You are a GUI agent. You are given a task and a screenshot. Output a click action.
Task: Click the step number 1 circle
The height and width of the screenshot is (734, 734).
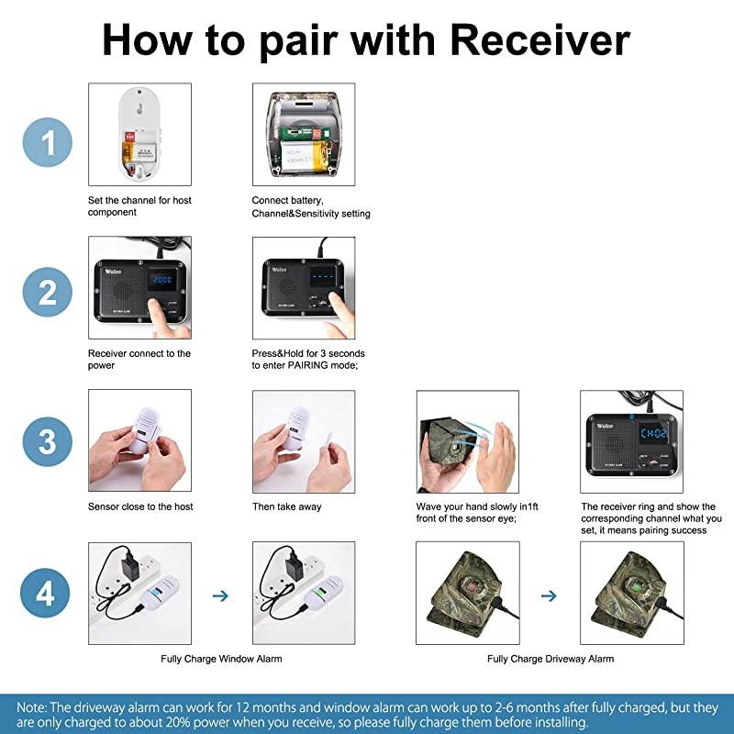[48, 142]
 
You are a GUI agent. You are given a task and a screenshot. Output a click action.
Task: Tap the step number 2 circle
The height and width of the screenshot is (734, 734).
[48, 292]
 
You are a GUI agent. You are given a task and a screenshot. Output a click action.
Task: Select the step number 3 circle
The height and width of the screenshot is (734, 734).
[48, 441]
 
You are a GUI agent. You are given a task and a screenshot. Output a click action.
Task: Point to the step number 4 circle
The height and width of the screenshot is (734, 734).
[45, 593]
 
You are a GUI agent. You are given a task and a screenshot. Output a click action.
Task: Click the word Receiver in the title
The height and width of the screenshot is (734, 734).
[539, 40]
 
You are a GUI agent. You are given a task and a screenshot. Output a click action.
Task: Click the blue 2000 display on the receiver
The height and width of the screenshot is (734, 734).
[162, 280]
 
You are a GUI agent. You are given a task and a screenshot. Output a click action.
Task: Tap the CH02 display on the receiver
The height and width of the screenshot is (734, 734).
[653, 433]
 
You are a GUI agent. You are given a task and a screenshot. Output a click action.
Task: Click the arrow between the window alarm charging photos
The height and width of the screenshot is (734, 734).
[220, 595]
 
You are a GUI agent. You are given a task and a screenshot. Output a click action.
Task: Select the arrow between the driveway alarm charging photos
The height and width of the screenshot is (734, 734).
[549, 595]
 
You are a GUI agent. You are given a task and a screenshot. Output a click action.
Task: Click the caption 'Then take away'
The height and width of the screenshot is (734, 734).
[287, 506]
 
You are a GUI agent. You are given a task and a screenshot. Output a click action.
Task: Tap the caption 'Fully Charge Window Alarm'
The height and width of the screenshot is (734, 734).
[221, 659]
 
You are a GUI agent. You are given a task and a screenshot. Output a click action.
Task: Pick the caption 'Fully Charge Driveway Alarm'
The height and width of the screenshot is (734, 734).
[550, 659]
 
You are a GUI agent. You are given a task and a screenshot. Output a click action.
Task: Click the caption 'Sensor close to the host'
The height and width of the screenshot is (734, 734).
[140, 506]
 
